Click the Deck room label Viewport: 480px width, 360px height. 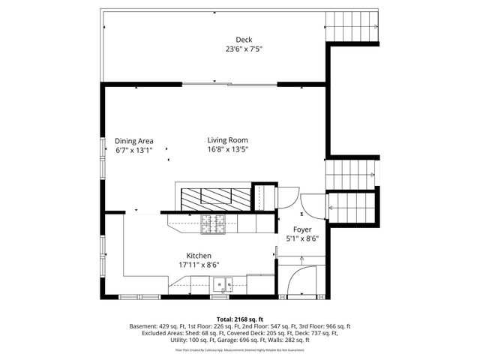(244, 40)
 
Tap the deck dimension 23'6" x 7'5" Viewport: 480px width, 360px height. (244, 49)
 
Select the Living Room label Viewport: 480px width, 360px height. (228, 139)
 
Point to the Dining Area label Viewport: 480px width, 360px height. (134, 140)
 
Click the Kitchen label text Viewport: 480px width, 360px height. (199, 256)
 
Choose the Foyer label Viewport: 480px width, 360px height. (302, 229)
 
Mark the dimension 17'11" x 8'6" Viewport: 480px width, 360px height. (199, 265)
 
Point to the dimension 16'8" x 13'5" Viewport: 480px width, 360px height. (228, 148)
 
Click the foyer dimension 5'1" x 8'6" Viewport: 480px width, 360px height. (302, 238)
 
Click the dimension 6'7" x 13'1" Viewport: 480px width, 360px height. (134, 149)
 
